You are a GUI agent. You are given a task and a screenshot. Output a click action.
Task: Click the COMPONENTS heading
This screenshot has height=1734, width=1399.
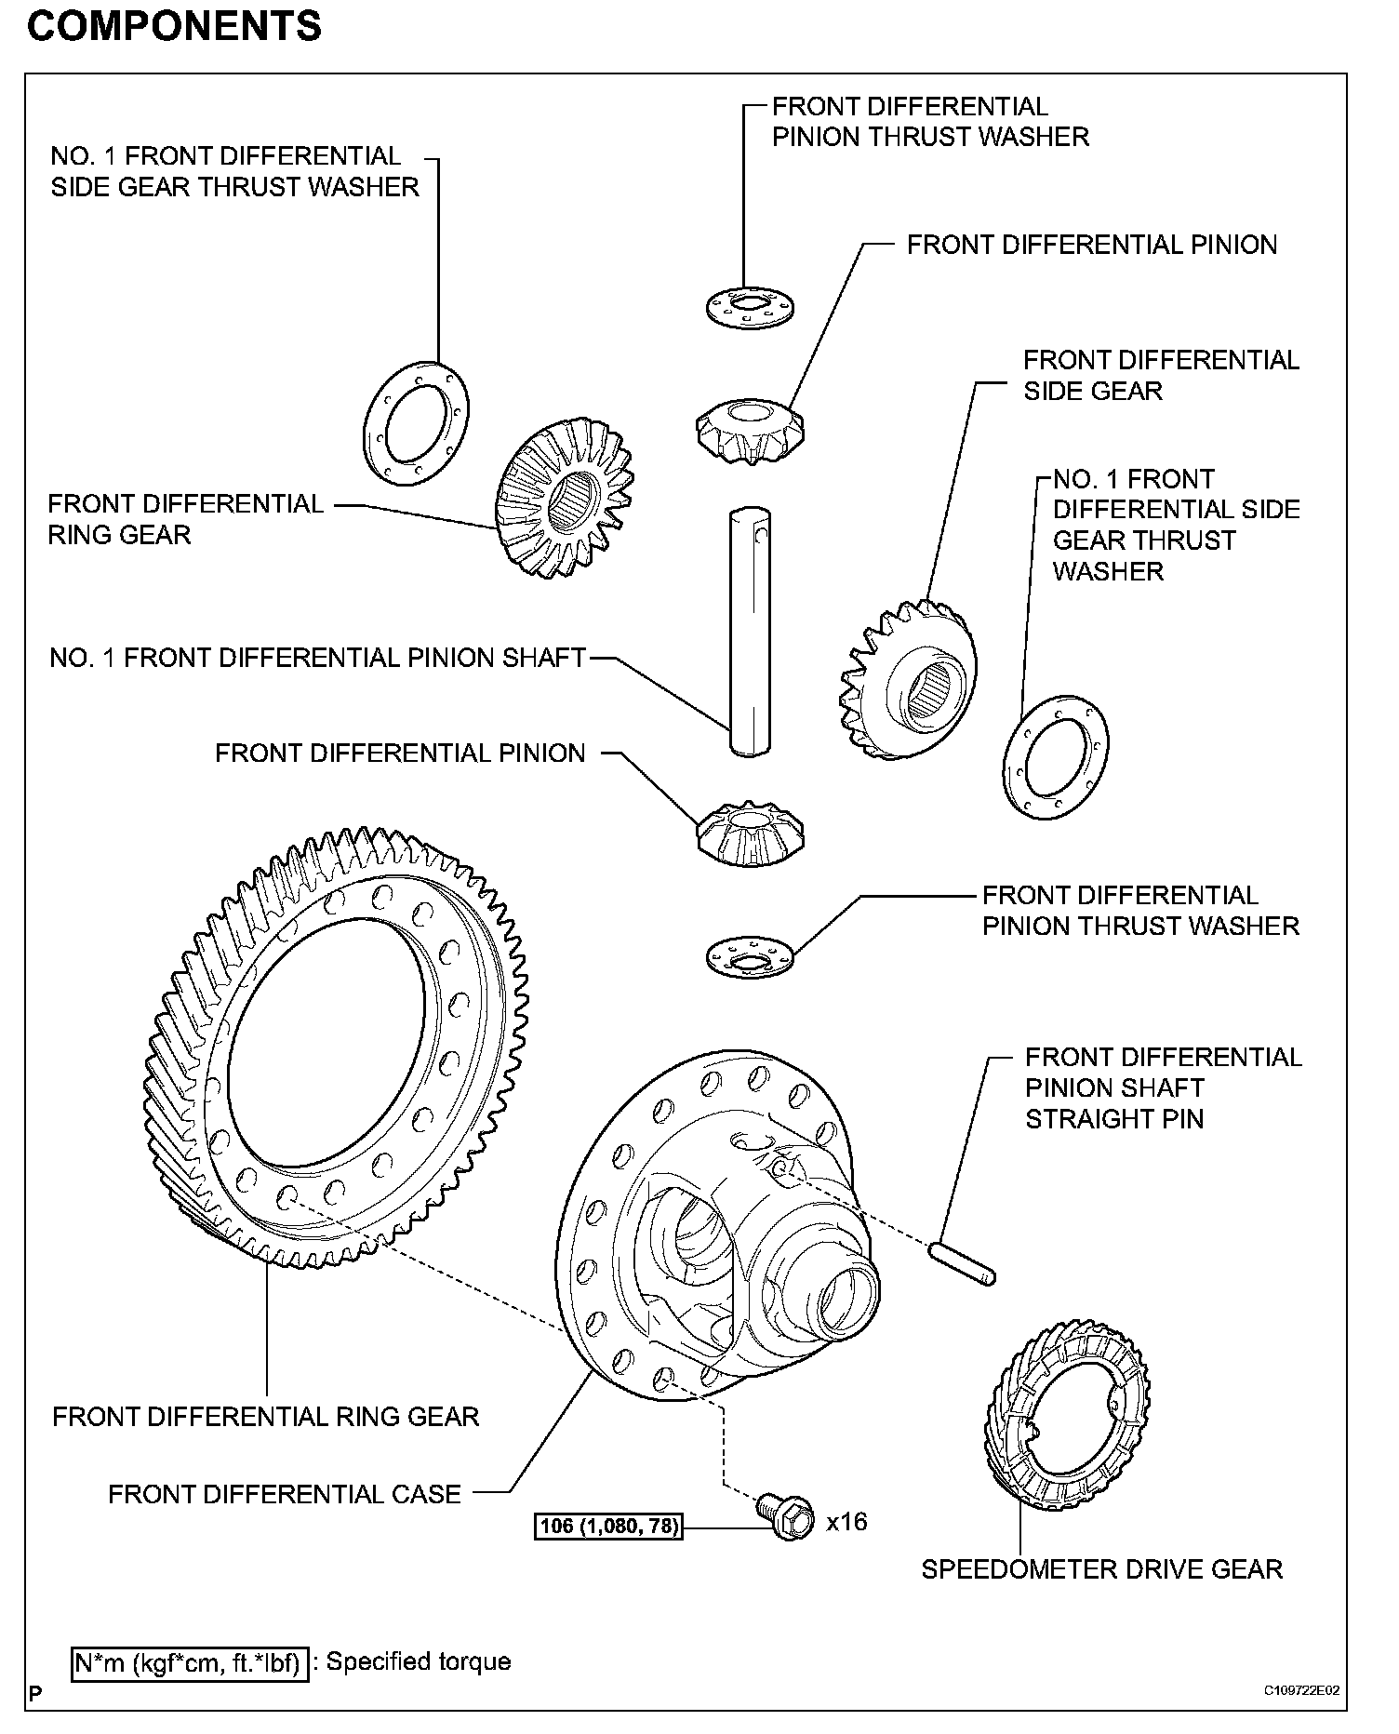point(174,27)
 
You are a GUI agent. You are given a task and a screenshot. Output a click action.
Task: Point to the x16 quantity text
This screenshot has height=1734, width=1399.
point(846,1522)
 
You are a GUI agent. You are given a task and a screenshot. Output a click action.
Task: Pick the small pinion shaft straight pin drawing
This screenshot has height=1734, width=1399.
point(963,1264)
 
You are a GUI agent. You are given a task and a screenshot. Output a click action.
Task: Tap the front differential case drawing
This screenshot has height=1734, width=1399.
point(716,1228)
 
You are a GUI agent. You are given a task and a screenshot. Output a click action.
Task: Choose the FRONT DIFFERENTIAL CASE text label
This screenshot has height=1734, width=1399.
point(285,1494)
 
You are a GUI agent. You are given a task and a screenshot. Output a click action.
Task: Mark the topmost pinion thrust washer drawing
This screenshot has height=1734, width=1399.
point(749,306)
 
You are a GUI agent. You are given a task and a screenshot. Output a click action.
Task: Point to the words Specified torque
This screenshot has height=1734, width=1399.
point(419,1661)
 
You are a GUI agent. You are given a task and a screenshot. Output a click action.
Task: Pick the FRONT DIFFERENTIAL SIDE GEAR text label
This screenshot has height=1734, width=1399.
point(1160,375)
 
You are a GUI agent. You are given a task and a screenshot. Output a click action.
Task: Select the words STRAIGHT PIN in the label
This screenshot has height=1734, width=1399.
point(1114,1118)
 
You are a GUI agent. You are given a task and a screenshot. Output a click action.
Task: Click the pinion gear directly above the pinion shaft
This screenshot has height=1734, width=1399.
point(750,430)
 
